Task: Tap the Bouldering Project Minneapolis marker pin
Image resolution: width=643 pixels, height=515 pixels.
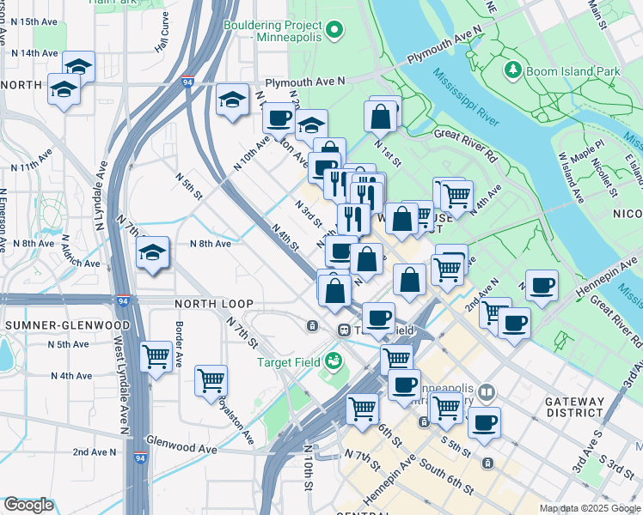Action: [337, 33]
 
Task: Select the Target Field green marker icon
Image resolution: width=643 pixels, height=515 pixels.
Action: [333, 361]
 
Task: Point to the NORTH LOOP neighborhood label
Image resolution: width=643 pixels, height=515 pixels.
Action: [213, 304]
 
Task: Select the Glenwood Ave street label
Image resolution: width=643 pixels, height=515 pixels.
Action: [181, 449]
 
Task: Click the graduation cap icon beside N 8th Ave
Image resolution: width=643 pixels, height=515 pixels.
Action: [153, 253]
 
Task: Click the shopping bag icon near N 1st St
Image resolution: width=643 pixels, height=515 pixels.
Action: [381, 116]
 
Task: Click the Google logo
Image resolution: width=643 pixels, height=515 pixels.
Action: [28, 505]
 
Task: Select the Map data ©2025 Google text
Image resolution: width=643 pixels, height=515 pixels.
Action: [590, 509]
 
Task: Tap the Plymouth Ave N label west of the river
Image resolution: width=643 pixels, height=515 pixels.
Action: [304, 82]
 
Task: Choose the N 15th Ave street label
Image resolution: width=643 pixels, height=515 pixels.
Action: [34, 21]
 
